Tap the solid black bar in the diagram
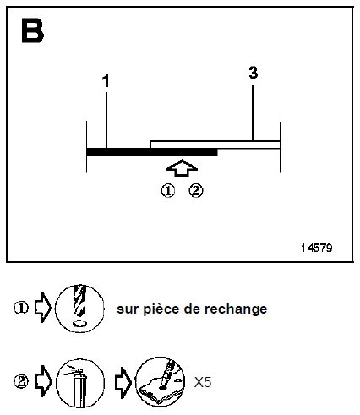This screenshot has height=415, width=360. click(152, 152)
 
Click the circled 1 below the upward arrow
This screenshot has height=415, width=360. click(167, 190)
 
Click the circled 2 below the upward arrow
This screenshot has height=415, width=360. click(196, 190)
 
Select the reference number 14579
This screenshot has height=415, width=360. click(315, 248)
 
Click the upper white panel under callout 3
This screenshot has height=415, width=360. click(215, 144)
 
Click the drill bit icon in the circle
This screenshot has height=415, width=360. click(79, 309)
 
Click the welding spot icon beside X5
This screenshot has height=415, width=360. click(160, 382)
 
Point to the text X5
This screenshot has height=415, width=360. click(203, 383)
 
